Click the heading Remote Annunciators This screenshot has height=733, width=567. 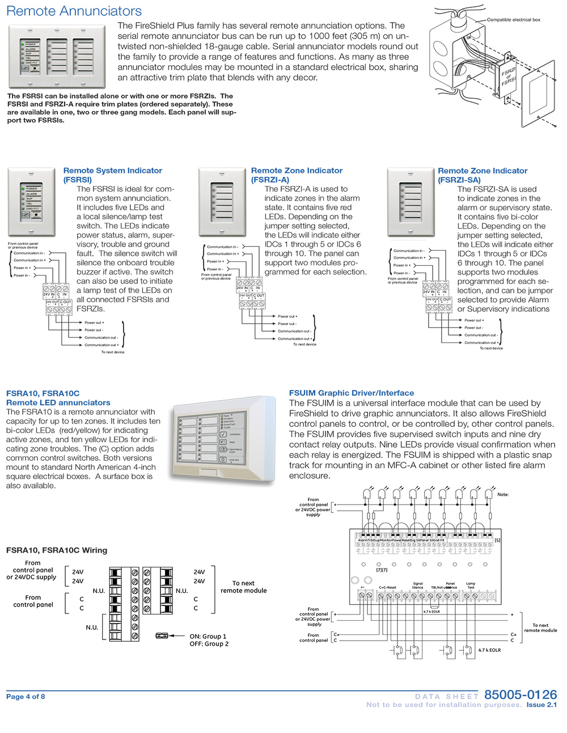pos(74,11)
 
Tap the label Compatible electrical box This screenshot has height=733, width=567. pos(513,20)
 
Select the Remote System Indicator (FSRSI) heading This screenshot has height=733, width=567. pos(112,175)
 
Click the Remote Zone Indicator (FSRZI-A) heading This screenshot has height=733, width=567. pos(297,175)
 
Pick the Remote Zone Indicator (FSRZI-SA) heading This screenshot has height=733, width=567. pos(483,175)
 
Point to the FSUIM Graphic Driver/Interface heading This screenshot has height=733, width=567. pos(352,393)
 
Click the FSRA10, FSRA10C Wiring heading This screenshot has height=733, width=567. pos(57,550)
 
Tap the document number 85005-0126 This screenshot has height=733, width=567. pos(521,694)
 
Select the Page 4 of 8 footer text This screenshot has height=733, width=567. pos(26,697)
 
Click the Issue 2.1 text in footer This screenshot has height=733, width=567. pos(541,705)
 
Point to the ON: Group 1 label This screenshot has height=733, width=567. pos(208,637)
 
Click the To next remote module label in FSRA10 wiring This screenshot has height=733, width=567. pos(243,587)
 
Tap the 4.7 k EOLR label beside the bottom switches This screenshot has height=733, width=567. pos(489,650)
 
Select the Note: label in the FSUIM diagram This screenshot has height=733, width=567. pos(503,494)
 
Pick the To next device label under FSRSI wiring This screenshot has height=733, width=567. pos(113,352)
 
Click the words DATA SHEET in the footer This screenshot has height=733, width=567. pos(447,696)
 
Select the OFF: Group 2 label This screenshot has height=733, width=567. pos(209,644)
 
